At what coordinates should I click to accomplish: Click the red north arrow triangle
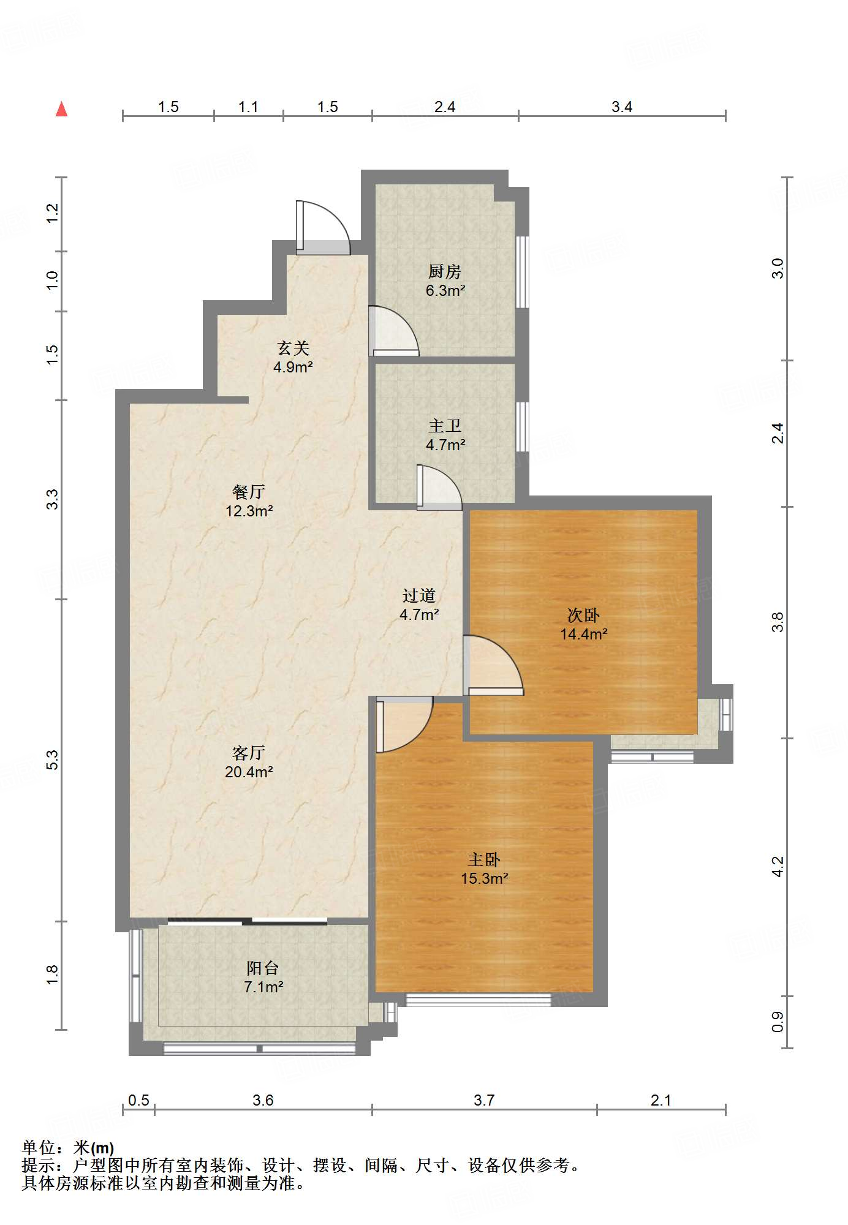(x=61, y=109)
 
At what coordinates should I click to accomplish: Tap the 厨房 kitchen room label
(x=444, y=271)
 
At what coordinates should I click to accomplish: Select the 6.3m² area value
(x=445, y=290)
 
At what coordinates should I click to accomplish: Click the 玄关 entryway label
(x=293, y=348)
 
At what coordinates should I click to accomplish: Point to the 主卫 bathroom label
(x=445, y=426)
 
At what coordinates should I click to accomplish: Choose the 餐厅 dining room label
(x=249, y=491)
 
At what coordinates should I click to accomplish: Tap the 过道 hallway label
(x=419, y=595)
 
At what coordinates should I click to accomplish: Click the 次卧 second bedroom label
(x=583, y=614)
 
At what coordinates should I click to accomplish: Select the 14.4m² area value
(x=584, y=634)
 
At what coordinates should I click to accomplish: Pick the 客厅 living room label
(x=249, y=752)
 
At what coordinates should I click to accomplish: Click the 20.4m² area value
(x=249, y=772)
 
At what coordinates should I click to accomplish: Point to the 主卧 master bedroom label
(x=484, y=859)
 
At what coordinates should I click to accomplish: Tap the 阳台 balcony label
(x=263, y=968)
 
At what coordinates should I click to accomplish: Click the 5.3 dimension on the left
(x=53, y=760)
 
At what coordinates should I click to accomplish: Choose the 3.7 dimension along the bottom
(x=484, y=1100)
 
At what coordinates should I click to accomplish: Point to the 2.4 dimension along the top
(x=445, y=107)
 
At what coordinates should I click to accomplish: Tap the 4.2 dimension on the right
(x=778, y=867)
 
